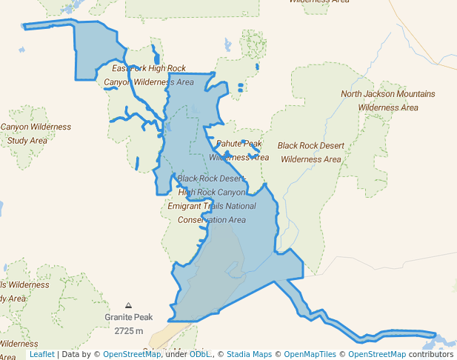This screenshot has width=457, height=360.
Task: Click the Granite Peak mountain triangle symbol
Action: tap(129, 305)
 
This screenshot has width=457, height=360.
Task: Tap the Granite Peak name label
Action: tap(129, 317)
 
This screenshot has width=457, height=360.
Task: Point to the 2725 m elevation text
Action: tap(129, 330)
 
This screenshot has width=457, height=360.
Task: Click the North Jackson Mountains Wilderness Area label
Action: tap(388, 101)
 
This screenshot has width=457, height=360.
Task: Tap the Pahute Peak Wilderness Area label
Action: tap(238, 150)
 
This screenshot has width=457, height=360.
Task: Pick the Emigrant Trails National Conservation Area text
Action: tap(212, 213)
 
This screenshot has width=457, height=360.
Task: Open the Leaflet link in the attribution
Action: tap(41, 354)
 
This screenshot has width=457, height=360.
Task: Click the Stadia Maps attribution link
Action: tap(249, 354)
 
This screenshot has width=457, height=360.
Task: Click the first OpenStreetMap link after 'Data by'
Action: tap(131, 354)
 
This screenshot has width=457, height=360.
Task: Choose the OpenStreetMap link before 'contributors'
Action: tap(377, 354)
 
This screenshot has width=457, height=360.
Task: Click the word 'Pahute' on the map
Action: tap(229, 144)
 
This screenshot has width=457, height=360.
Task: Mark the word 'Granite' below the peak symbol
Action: tap(119, 317)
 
